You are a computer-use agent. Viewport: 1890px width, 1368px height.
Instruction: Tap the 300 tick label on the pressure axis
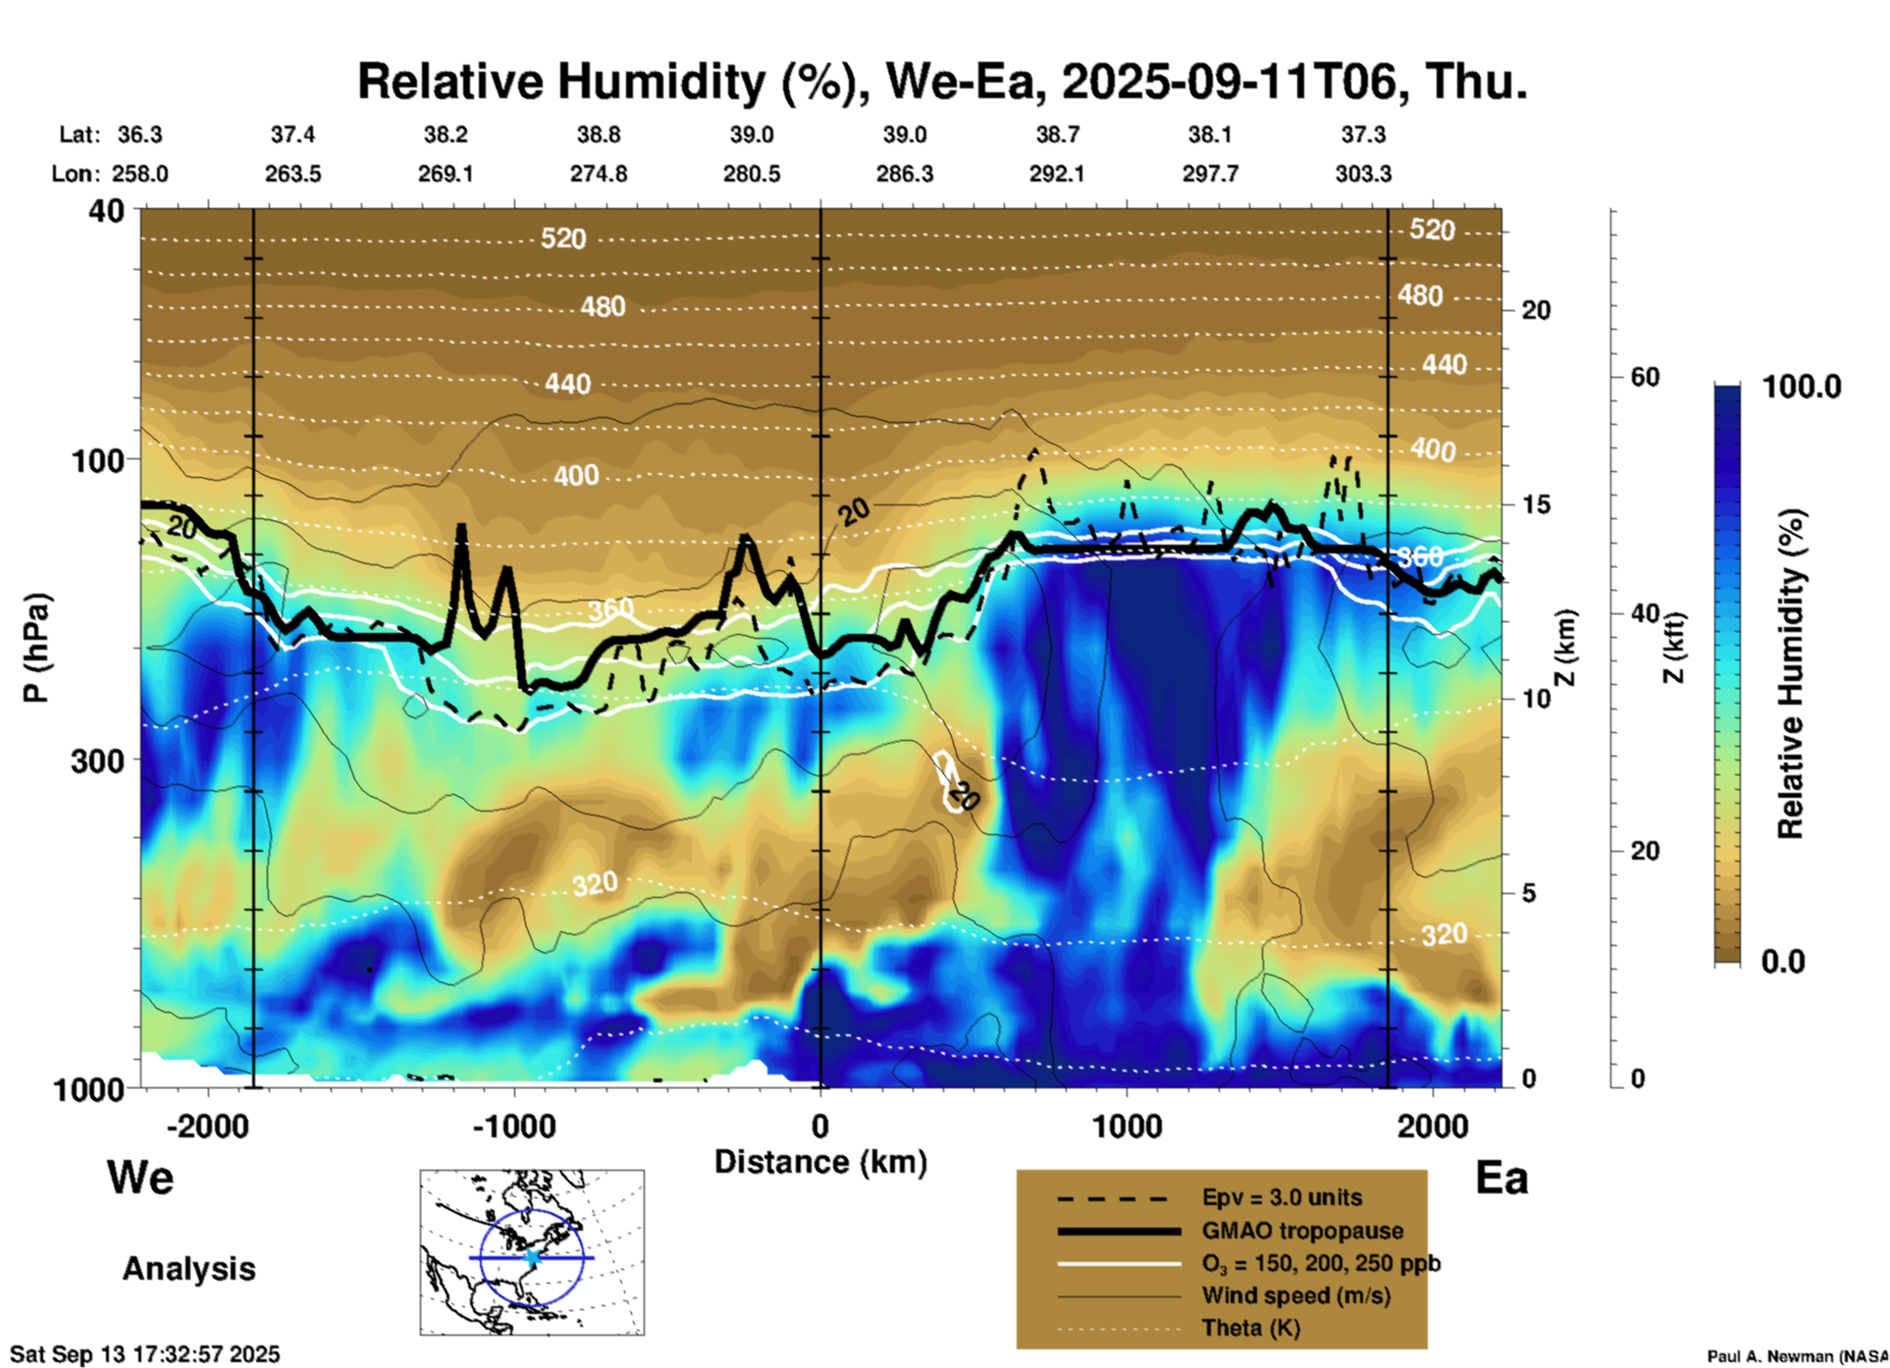coord(98,761)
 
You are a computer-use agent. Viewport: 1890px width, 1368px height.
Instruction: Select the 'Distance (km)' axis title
coord(820,1162)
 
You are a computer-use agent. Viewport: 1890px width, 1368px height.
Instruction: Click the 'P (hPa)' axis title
coord(36,647)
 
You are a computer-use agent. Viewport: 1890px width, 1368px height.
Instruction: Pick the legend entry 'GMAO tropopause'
coord(1302,1231)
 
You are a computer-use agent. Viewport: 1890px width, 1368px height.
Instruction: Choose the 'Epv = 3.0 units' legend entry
coord(1282,1197)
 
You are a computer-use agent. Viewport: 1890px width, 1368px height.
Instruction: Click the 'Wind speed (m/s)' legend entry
coord(1295,1295)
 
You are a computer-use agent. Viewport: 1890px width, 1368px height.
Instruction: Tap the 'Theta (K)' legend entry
coord(1250,1328)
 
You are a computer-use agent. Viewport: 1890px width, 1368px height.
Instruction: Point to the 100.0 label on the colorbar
coord(1802,387)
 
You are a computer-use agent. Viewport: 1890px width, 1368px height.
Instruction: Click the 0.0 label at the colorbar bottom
coord(1783,962)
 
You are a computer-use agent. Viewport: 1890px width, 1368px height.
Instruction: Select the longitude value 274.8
coord(599,174)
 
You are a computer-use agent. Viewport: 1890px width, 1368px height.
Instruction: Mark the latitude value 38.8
coord(599,134)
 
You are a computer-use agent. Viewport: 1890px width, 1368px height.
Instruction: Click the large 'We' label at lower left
coord(140,1177)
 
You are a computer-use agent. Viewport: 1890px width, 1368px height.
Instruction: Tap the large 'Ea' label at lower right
coord(1501,1178)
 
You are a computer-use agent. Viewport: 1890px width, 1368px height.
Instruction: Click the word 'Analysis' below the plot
coord(188,1268)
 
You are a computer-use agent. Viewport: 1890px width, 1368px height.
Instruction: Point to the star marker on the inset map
coord(533,1257)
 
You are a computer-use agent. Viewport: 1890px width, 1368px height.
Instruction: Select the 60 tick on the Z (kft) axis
coord(1644,377)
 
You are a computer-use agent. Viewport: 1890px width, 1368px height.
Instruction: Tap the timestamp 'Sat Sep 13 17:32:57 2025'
coord(145,1354)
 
